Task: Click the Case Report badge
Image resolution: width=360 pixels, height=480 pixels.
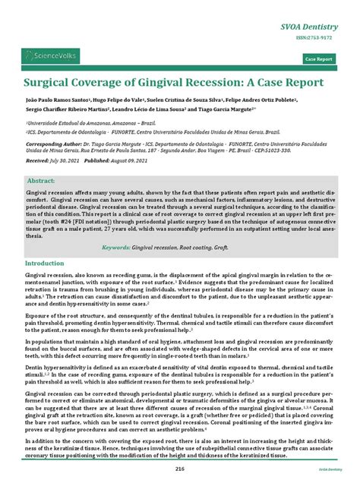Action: [x=318, y=58]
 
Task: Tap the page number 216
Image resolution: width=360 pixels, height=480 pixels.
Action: [x=179, y=470]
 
